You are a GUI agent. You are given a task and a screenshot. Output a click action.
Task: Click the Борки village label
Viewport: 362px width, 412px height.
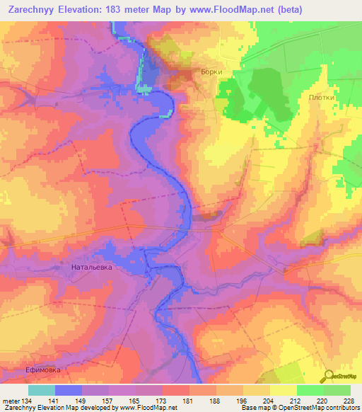[x=211, y=72]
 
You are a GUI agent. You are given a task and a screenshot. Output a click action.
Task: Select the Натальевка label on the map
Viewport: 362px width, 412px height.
[x=93, y=268]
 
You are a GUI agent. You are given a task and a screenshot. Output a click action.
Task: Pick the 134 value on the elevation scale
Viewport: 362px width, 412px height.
[x=27, y=401]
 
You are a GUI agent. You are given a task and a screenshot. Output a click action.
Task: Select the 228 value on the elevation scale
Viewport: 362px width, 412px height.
[x=349, y=401]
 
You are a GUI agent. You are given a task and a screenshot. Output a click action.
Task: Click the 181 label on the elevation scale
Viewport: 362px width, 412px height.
[x=188, y=401]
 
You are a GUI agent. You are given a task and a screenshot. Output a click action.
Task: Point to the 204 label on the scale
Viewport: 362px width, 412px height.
[x=269, y=401]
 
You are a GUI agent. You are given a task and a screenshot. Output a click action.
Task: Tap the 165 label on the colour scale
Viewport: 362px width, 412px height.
[x=134, y=401]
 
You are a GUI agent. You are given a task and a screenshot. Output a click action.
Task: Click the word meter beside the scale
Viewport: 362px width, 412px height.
[x=10, y=401]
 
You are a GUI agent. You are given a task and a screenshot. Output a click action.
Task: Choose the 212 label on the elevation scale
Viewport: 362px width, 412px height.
[x=296, y=401]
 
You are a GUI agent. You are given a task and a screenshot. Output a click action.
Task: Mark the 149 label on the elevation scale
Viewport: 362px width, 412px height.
[x=81, y=401]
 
